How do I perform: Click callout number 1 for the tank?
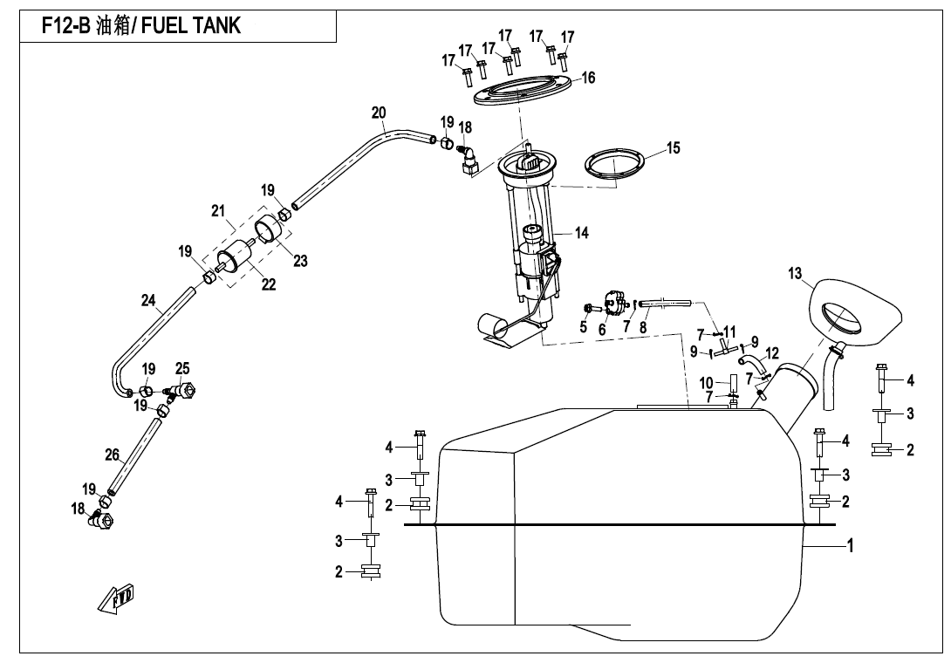pyautogui.click(x=850, y=547)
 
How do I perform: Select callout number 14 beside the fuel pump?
pyautogui.click(x=581, y=233)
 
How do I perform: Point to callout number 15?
pyautogui.click(x=673, y=148)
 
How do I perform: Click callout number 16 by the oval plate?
pyautogui.click(x=589, y=79)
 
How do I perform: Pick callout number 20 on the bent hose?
pyautogui.click(x=378, y=113)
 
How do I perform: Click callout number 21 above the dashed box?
pyautogui.click(x=218, y=210)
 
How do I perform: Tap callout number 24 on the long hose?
pyautogui.click(x=149, y=301)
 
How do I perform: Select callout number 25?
pyautogui.click(x=182, y=369)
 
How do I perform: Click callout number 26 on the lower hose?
pyautogui.click(x=112, y=455)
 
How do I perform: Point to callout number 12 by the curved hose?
pyautogui.click(x=771, y=353)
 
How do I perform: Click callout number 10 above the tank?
pyautogui.click(x=707, y=382)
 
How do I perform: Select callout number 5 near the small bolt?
pyautogui.click(x=583, y=327)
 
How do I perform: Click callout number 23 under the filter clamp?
pyautogui.click(x=300, y=261)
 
